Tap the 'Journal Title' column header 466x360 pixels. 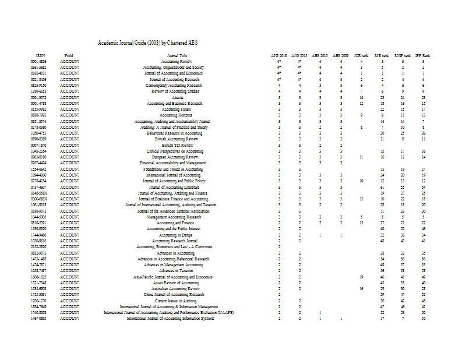click(176, 55)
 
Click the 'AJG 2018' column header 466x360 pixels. click(279, 55)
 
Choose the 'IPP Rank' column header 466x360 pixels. click(423, 55)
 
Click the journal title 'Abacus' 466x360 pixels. click(176, 97)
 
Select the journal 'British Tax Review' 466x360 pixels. click(176, 145)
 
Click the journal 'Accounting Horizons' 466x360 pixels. click(176, 115)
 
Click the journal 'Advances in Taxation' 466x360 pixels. click(176, 271)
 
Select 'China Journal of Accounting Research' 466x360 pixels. click(176, 295)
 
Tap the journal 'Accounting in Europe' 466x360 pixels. click(176, 235)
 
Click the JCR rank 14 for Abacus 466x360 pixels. click(361, 97)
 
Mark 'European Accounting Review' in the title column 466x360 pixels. click(176, 157)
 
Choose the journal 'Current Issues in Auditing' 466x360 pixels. click(176, 301)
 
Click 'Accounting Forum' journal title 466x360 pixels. click(176, 109)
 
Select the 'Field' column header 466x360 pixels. click(69, 55)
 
